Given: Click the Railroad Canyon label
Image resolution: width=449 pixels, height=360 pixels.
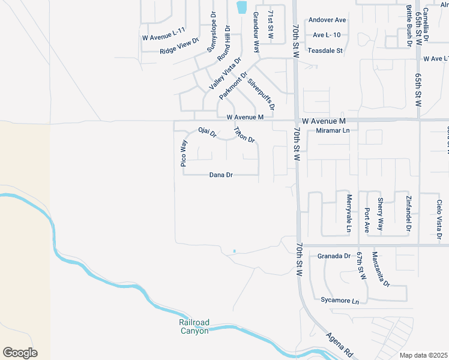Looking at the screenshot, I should (194, 326).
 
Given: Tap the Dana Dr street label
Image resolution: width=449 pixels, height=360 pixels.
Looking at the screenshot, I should (221, 175).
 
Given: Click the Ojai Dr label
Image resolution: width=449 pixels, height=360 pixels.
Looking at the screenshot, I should (206, 133).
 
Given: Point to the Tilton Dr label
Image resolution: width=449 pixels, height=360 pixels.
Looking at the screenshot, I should (244, 135).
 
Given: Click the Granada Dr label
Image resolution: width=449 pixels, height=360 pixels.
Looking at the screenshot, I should (334, 256).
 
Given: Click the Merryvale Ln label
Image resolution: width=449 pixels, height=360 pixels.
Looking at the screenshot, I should (348, 213).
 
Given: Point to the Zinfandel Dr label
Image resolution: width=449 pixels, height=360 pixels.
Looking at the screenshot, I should (408, 213).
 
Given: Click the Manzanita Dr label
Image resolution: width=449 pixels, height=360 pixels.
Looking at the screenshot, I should (381, 268).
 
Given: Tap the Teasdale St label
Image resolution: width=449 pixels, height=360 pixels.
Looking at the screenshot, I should (325, 51).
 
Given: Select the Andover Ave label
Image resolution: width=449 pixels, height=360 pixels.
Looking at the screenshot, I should (327, 20).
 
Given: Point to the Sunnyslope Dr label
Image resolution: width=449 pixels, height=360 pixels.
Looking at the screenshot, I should (211, 32).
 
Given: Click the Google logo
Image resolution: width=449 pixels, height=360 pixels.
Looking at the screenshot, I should (20, 353).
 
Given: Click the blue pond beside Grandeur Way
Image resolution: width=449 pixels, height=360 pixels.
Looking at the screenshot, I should (241, 7).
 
